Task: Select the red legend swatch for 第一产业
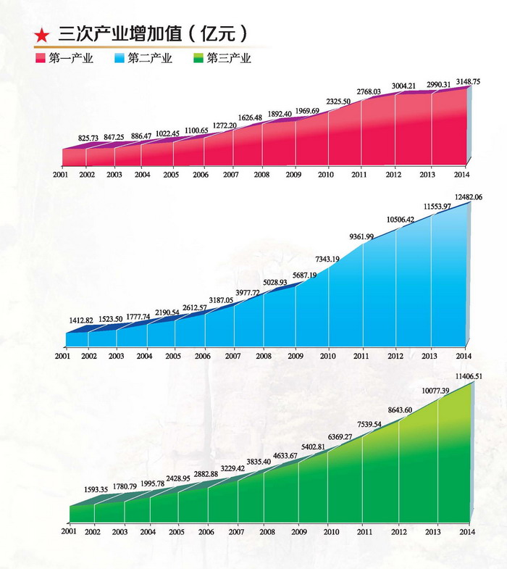click(x=41, y=58)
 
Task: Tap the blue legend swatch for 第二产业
click(x=120, y=58)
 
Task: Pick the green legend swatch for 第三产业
click(x=198, y=58)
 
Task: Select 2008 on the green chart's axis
click(x=267, y=531)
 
